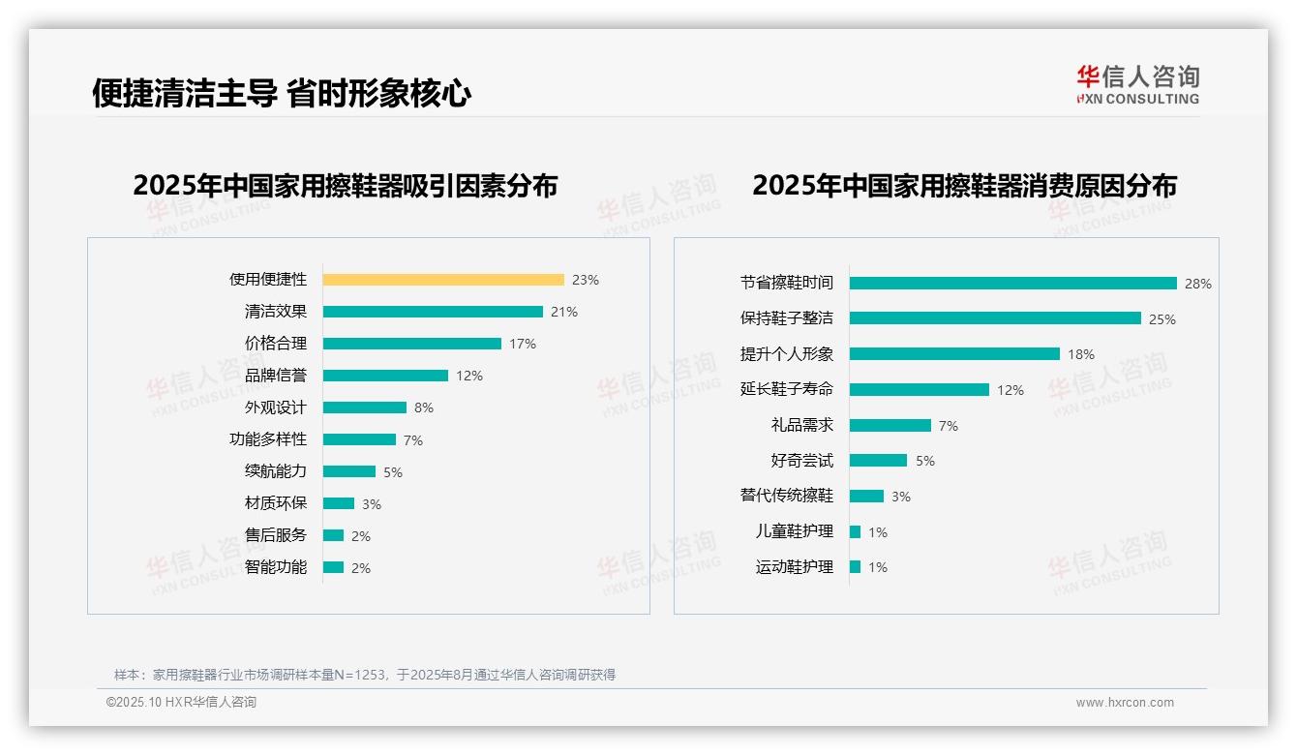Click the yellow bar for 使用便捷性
coord(442,280)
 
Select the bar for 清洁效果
coord(433,312)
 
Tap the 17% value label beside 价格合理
coord(523,344)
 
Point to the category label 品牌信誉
coord(275,375)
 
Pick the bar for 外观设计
coord(365,408)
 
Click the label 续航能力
coord(275,471)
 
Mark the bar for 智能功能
coord(334,567)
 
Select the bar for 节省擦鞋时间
coord(1012,284)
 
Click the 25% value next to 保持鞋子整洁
coord(1161,319)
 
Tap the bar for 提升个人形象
coord(954,354)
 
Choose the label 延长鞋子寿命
coord(786,389)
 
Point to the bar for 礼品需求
coord(890,426)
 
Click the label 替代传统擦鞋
coord(786,496)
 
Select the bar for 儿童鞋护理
coord(856,532)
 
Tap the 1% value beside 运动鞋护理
coord(878,567)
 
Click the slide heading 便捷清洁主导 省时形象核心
coord(282,93)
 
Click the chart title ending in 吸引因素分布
coord(345,186)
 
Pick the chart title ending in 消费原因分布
coord(964,186)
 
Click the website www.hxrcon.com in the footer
coord(1125,703)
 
